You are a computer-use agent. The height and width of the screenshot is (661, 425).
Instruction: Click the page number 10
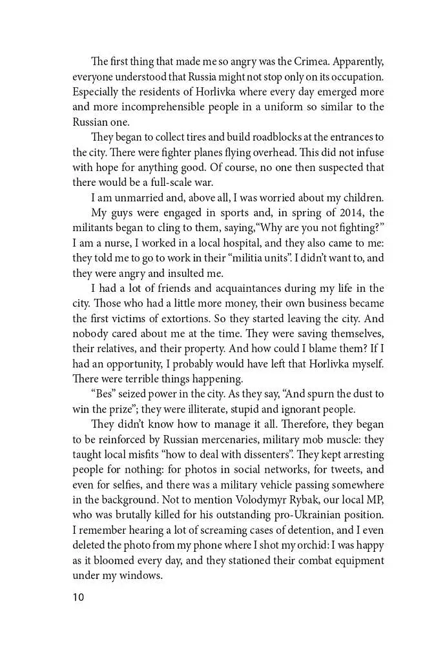78,597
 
